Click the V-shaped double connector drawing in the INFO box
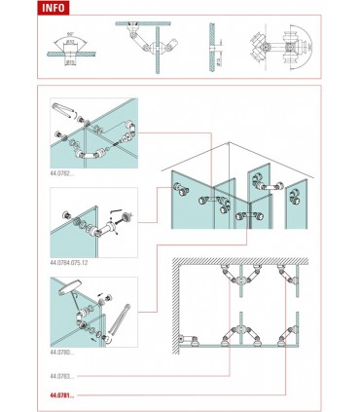click(x=146, y=44)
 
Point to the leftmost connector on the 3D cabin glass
click(x=178, y=189)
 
